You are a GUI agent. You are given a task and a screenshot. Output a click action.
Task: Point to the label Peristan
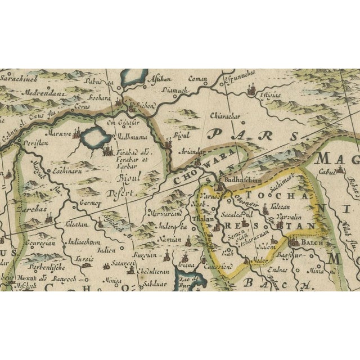click(x=34, y=144)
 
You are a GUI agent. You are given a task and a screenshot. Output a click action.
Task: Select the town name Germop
click(x=90, y=203)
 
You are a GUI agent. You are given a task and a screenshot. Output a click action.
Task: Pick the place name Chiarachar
click(x=224, y=117)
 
